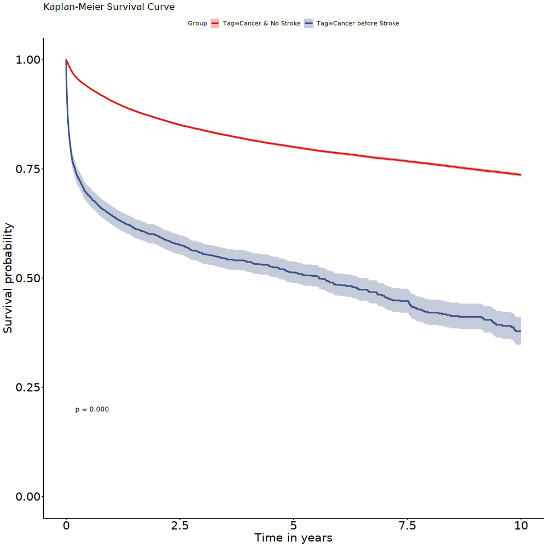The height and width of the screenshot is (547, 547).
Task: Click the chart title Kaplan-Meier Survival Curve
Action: (x=109, y=8)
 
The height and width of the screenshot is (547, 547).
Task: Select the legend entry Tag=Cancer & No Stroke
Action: (x=261, y=24)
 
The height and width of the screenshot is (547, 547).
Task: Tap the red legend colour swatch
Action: (x=215, y=24)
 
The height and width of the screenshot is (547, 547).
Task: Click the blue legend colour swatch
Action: (x=309, y=24)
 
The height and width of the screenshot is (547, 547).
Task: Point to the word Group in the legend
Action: (x=197, y=24)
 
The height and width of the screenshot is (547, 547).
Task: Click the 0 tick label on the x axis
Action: (x=66, y=526)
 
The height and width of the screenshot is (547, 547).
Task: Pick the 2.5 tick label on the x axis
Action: (x=179, y=526)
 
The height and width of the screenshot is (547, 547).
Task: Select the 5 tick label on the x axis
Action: (x=294, y=526)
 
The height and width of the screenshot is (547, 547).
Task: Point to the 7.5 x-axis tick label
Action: (x=407, y=526)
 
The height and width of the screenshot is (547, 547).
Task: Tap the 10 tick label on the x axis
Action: (x=521, y=526)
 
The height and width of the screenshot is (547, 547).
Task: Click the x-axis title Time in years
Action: (x=293, y=538)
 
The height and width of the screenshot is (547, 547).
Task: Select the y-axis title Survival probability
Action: (x=8, y=278)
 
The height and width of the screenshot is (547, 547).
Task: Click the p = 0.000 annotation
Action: (x=92, y=409)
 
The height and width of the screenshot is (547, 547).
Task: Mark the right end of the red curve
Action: (x=520, y=174)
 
